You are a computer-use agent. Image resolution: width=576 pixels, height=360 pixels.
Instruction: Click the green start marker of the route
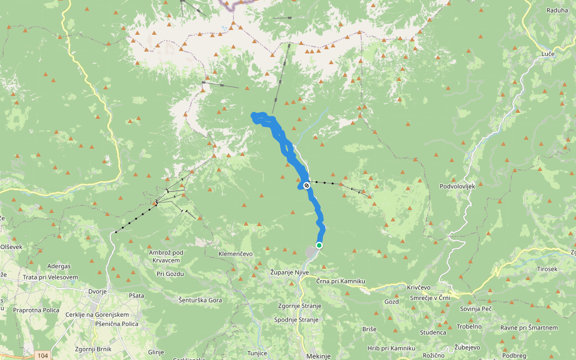[319, 245]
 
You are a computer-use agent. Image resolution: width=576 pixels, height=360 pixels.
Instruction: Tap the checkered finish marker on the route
[307, 185]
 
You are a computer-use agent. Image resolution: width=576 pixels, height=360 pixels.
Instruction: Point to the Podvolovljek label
[457, 187]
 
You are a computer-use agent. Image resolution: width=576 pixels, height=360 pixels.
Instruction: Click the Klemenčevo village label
[240, 254]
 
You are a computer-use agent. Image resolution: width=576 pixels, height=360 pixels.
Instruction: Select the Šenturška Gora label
[200, 299]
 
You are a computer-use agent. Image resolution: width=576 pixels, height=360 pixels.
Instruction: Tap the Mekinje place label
[318, 356]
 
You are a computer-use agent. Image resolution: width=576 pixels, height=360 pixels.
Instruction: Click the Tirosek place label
[547, 269]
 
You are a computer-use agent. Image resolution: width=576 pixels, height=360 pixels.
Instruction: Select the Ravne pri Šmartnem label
[529, 328]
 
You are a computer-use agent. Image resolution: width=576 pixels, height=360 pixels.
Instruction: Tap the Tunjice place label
[257, 353]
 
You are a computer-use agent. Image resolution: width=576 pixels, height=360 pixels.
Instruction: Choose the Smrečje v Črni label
[428, 298]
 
